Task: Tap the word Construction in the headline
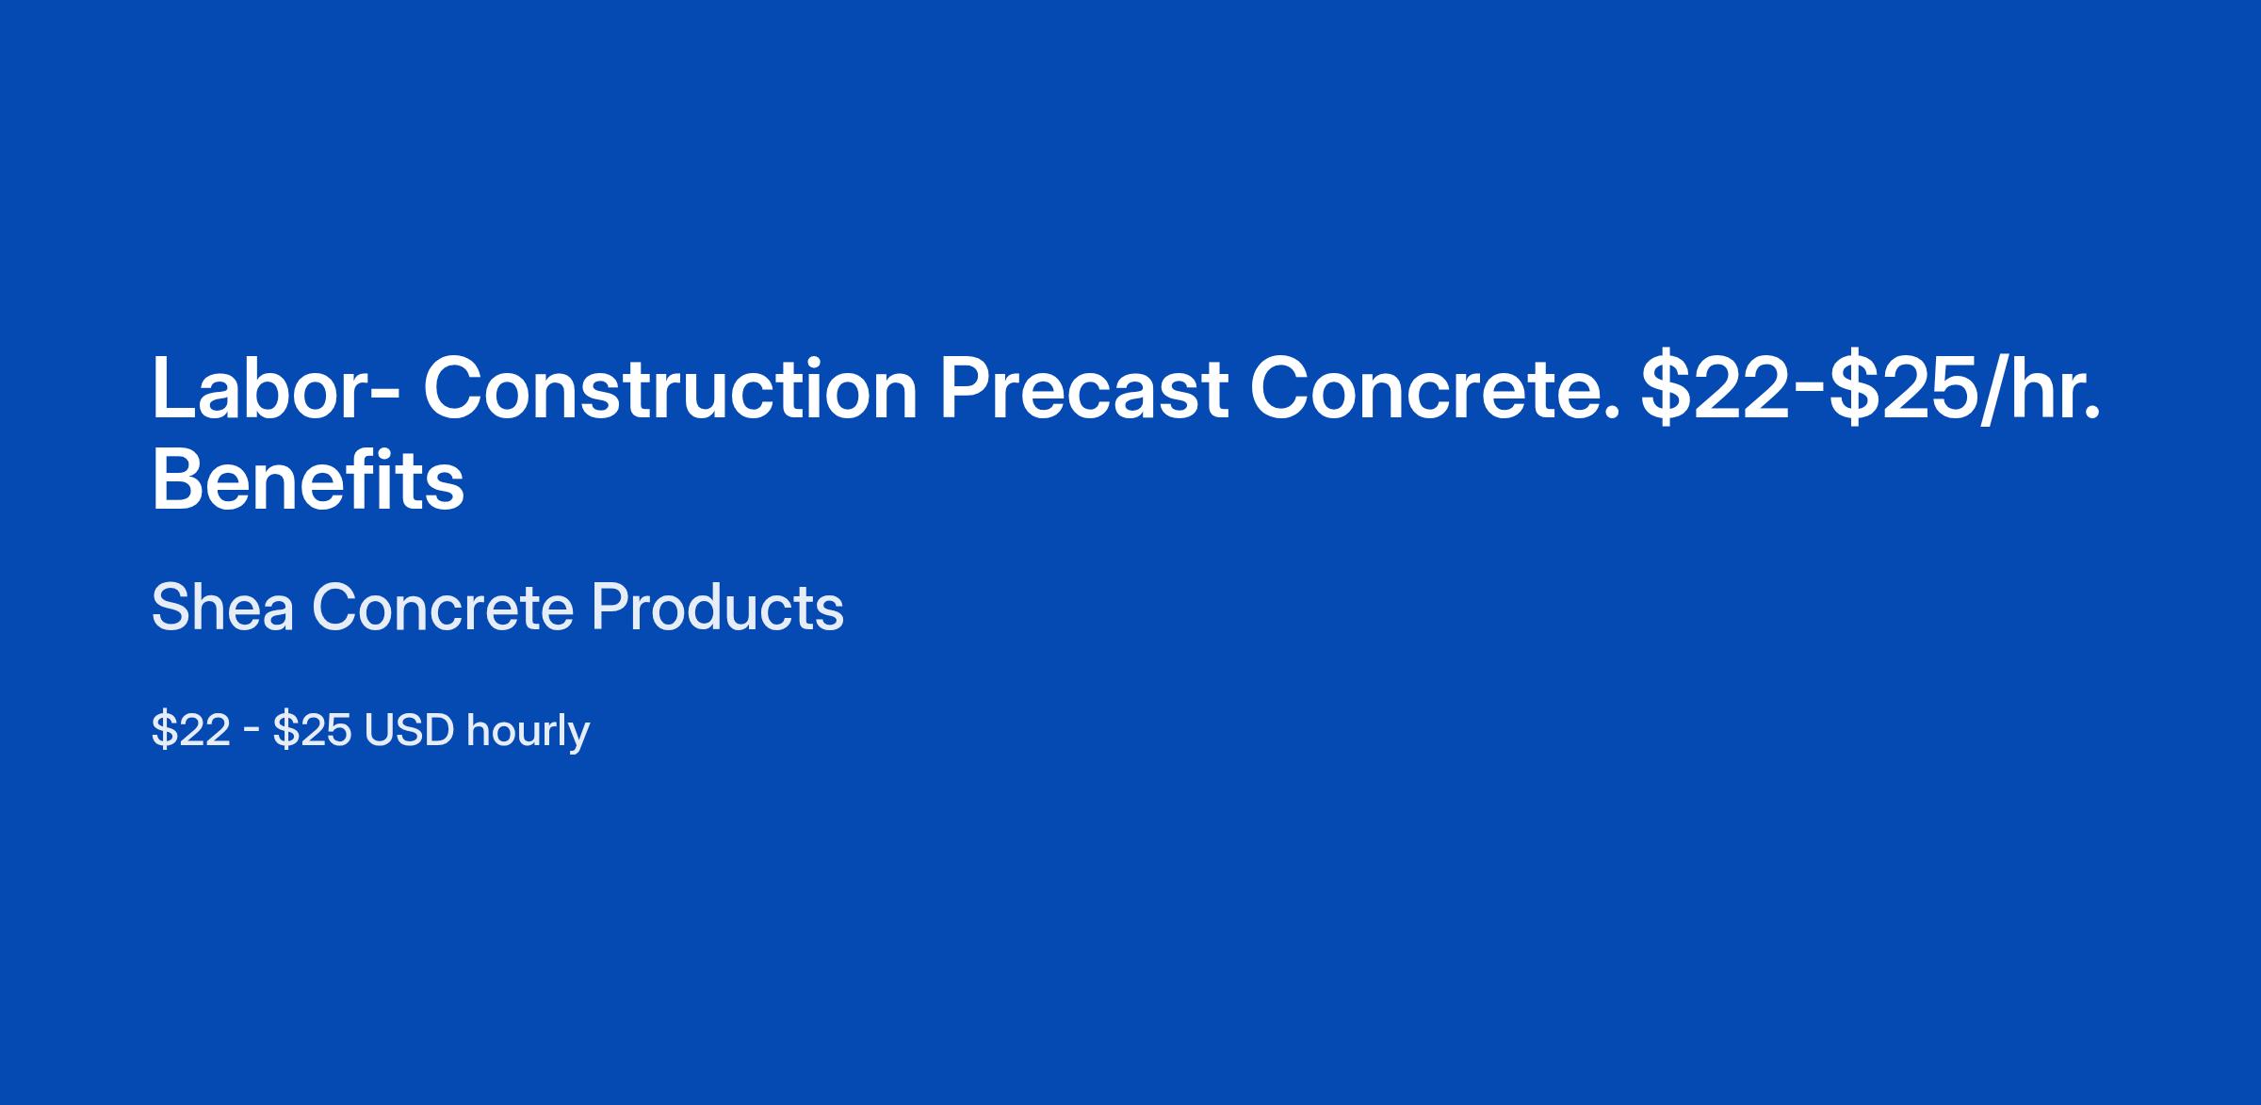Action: click(x=670, y=388)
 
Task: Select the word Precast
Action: click(x=1083, y=388)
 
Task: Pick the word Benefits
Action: click(x=308, y=480)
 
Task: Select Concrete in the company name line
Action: click(x=443, y=608)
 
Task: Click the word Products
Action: click(x=718, y=608)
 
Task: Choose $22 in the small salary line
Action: click(x=191, y=730)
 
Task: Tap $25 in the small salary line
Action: click(x=313, y=730)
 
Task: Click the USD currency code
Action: click(x=410, y=730)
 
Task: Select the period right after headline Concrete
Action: click(x=1611, y=412)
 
